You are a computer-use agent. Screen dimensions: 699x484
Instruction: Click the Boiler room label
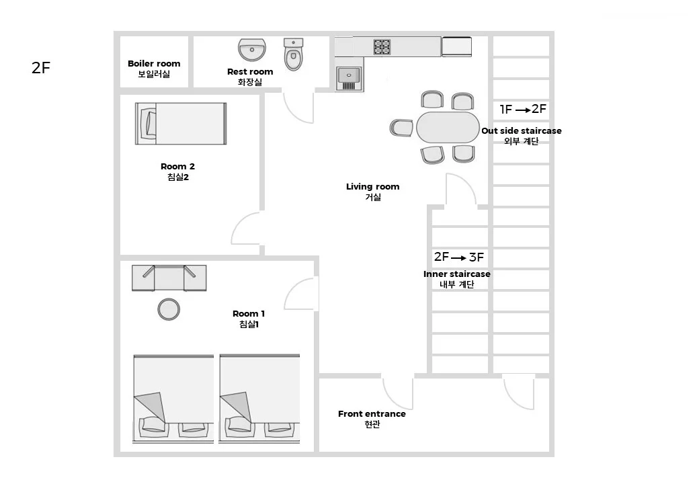click(x=154, y=69)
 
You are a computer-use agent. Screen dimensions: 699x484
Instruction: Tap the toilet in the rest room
click(x=293, y=54)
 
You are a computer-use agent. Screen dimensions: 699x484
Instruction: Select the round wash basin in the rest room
click(x=252, y=49)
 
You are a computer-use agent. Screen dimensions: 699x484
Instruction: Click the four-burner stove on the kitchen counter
click(x=382, y=47)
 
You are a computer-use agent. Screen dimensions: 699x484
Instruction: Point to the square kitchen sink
click(x=349, y=79)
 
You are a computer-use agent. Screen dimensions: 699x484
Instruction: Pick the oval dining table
click(x=448, y=127)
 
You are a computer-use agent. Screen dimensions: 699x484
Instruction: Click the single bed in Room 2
click(x=181, y=124)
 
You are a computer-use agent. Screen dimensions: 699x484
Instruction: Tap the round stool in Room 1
click(x=169, y=309)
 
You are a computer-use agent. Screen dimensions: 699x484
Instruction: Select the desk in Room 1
click(x=169, y=278)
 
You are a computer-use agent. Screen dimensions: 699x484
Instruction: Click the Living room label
click(x=372, y=192)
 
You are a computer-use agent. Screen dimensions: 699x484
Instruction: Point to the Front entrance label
click(x=372, y=419)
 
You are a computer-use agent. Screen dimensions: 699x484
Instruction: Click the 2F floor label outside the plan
click(x=40, y=68)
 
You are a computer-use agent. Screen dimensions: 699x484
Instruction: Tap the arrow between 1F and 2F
click(x=522, y=110)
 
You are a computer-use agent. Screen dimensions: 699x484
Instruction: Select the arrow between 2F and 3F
click(x=458, y=258)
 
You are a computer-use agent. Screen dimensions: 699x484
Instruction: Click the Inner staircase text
click(x=457, y=274)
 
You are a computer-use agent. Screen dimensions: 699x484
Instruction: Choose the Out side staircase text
click(x=522, y=131)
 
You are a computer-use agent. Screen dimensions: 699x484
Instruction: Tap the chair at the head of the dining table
click(x=402, y=128)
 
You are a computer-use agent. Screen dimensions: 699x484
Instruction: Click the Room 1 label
click(x=249, y=319)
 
